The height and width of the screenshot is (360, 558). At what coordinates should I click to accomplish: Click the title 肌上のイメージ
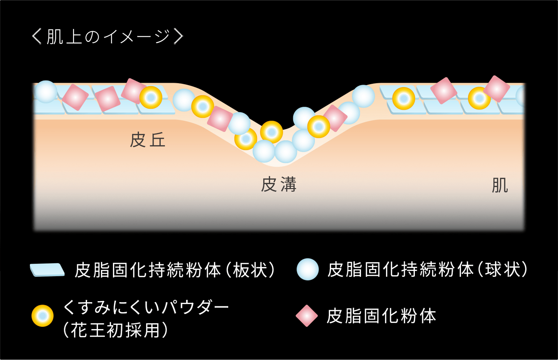[x=108, y=37]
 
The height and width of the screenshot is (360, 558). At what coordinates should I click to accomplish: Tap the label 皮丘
[x=147, y=140]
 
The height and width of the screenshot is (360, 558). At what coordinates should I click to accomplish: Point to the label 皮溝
[x=278, y=184]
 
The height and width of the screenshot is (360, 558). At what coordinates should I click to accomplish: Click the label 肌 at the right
[x=500, y=185]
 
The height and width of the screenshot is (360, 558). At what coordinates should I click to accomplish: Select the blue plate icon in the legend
[x=47, y=270]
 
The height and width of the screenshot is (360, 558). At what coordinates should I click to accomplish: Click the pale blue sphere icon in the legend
[x=308, y=269]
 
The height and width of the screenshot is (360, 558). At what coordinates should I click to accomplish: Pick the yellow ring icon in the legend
[x=43, y=316]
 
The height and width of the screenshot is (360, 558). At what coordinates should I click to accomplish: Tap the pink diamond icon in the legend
[x=307, y=316]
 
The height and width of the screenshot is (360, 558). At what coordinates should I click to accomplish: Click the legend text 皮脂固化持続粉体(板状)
[x=175, y=270]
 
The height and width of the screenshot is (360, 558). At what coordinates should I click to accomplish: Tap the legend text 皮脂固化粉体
[x=381, y=316]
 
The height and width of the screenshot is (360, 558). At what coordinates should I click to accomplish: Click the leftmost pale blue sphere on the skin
[x=46, y=92]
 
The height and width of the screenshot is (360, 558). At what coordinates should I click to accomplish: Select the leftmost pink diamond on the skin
[x=75, y=97]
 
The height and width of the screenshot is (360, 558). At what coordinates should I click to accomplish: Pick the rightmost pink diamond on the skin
[x=496, y=89]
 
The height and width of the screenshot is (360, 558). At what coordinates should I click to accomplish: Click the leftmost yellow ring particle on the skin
[x=151, y=97]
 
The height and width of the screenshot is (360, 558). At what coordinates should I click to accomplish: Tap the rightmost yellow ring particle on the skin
[x=479, y=98]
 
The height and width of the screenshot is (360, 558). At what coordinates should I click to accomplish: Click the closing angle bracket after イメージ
[x=179, y=37]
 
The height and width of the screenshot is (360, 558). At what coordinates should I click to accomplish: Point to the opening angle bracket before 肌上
[x=37, y=37]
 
